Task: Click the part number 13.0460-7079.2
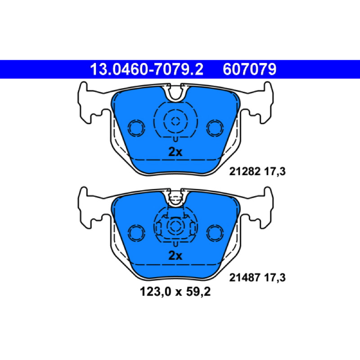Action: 147,69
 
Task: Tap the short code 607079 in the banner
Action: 250,69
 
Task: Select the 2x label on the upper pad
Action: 175,152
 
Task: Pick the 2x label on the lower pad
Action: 175,256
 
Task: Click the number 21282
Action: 245,171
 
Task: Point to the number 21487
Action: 245,277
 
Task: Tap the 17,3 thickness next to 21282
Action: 275,172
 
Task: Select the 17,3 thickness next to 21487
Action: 275,278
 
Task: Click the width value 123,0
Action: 155,292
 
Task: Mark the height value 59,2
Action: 198,292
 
